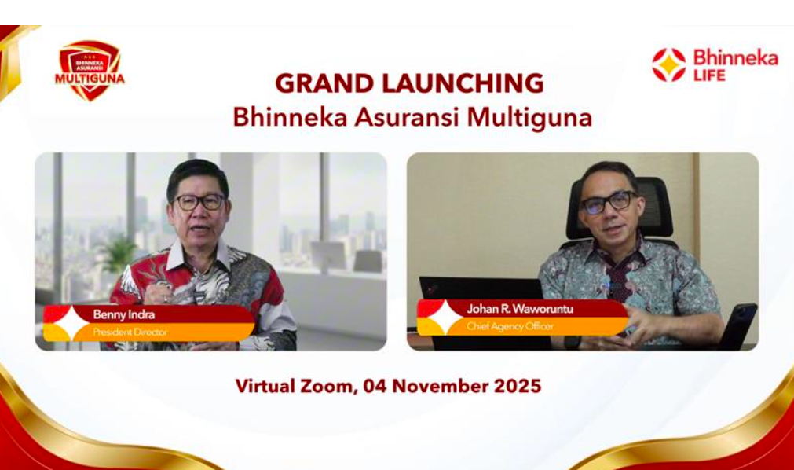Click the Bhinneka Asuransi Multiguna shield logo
coord(90,70)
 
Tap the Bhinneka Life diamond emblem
coord(668,65)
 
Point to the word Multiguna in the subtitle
coord(529,118)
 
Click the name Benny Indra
coord(123,314)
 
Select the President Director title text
coord(130,332)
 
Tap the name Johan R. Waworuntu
coord(520,309)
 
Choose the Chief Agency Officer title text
coord(510,326)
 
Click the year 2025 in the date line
coord(518,387)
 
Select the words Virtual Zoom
coord(297,387)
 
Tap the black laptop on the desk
coord(481,304)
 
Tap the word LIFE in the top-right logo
coord(709,75)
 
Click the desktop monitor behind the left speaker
coord(328,256)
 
